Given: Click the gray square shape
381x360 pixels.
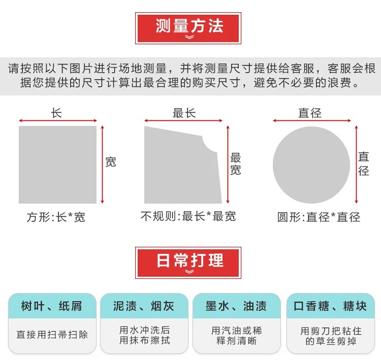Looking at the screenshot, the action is click(x=57, y=165).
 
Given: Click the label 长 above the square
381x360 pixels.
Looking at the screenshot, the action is click(x=56, y=113).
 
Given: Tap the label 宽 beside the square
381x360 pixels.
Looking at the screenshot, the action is click(x=110, y=162).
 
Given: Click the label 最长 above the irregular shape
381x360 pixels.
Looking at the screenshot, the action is click(x=184, y=113).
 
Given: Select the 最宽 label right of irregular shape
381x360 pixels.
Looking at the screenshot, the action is click(x=235, y=163).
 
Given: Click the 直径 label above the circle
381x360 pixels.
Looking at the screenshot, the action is click(x=310, y=113).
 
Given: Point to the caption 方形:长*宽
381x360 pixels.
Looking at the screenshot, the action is click(x=56, y=217).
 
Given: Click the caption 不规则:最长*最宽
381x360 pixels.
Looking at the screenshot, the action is click(x=188, y=216).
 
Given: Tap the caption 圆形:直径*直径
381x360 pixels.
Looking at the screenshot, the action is click(x=319, y=217).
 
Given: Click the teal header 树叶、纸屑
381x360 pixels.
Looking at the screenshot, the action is click(x=52, y=306).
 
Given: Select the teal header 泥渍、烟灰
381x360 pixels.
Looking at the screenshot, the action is click(x=144, y=306).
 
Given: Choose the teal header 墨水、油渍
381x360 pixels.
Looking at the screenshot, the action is click(x=236, y=306).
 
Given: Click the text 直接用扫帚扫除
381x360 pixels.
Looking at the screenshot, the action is click(x=52, y=335).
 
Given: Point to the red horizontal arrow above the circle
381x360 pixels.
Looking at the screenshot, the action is click(x=311, y=121).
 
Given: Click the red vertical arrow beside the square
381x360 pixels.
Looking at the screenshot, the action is click(x=103, y=165).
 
